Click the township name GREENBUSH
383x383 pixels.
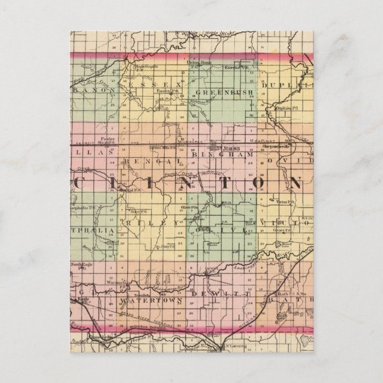click(x=224, y=93)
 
